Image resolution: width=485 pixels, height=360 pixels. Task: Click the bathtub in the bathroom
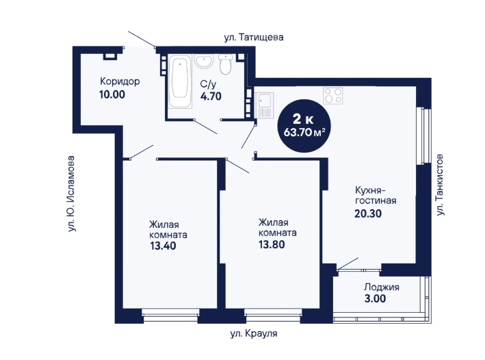180,81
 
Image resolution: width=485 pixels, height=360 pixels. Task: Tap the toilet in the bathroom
225,64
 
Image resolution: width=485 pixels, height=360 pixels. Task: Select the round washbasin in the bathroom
204,61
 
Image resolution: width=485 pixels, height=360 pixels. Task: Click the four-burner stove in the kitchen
333,96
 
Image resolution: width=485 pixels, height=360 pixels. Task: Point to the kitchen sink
264,105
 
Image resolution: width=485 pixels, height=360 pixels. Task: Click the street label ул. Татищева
254,38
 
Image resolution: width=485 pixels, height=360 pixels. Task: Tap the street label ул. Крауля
254,334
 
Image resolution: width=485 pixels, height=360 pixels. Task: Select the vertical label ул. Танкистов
440,185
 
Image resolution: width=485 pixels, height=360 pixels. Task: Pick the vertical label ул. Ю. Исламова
71,194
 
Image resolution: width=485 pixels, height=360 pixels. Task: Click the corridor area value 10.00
112,94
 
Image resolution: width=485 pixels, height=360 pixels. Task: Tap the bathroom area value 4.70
211,97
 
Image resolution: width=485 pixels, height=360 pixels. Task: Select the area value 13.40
163,246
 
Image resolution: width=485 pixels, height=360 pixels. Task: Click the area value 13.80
272,244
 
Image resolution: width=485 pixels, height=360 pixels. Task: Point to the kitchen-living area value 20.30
368,214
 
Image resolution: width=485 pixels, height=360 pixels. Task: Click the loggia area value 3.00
375,298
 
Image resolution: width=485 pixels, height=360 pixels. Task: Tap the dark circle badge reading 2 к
304,126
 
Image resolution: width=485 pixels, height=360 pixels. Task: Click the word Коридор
120,81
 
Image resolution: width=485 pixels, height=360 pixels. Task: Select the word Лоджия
382,287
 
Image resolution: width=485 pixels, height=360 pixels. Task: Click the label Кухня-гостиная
376,195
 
